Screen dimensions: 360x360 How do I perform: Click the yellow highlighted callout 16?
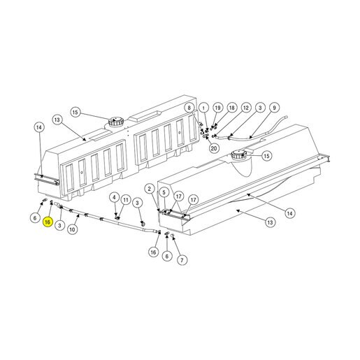(x=48, y=222)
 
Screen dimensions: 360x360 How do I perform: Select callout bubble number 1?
(x=203, y=108)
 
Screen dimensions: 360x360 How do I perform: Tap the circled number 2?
(x=150, y=189)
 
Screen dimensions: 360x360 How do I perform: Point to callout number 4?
(x=114, y=198)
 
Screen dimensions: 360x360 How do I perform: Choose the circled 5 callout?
(x=164, y=192)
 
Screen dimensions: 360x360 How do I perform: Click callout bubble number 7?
(x=182, y=260)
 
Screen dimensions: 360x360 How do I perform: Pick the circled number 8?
(x=189, y=108)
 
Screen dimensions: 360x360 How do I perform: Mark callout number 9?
(x=274, y=108)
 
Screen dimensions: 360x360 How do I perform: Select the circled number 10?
(x=73, y=229)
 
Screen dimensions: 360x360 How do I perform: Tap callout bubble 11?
(x=126, y=200)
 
